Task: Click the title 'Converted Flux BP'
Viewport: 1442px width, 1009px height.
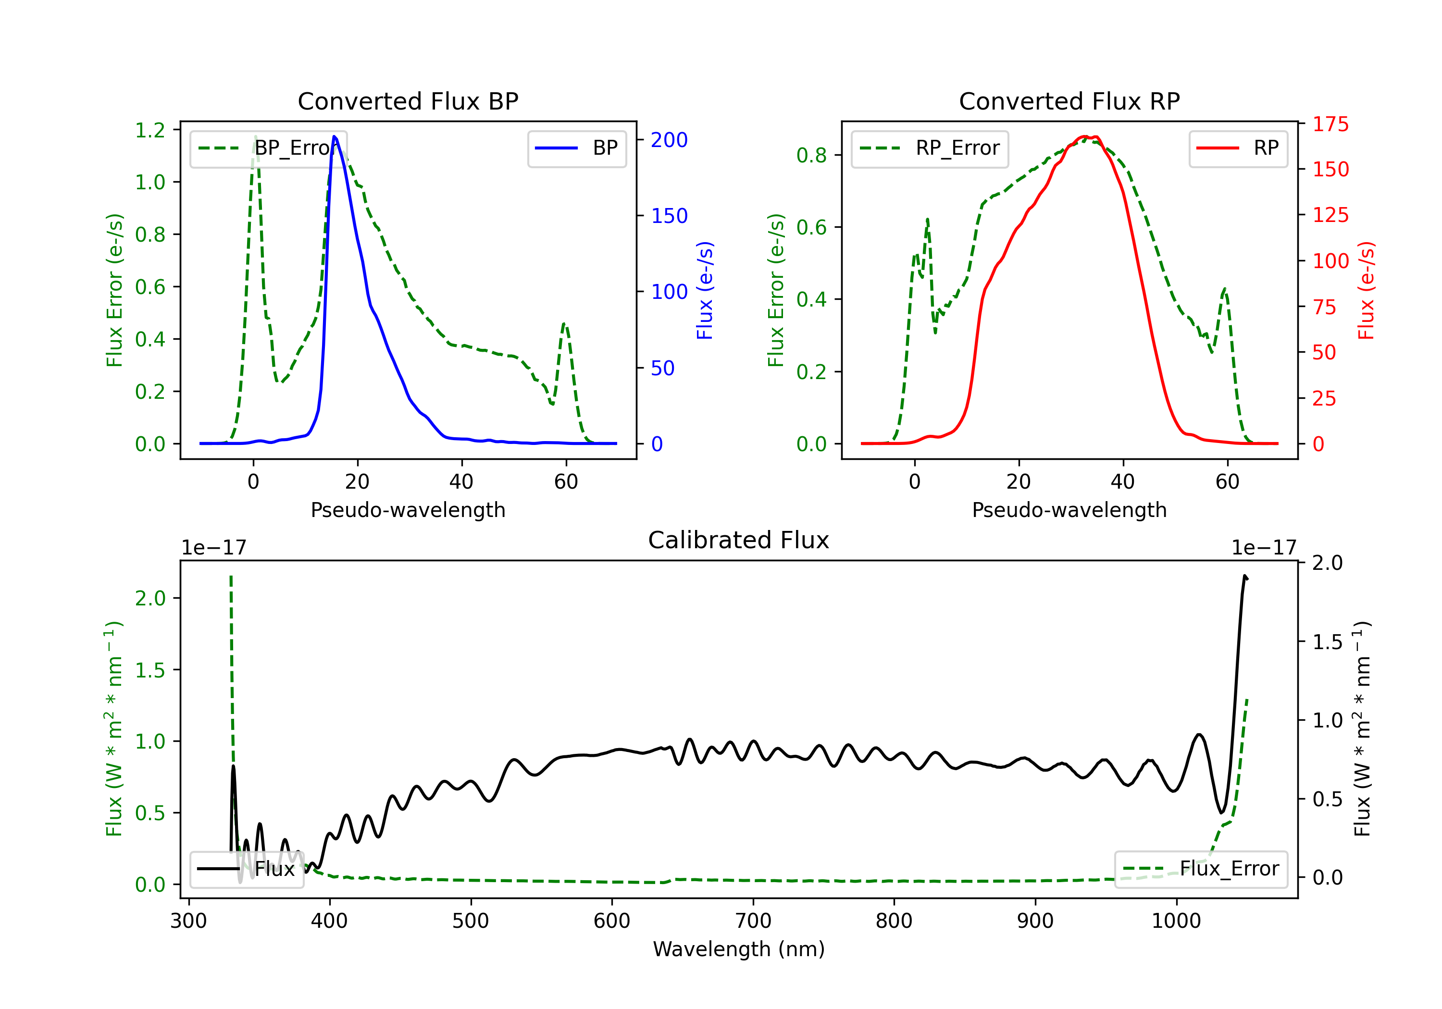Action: (408, 101)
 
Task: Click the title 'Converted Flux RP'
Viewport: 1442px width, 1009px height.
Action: (1069, 101)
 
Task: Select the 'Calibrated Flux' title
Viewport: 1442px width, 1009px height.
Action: (739, 540)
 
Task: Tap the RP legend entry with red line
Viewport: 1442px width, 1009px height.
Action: (1238, 148)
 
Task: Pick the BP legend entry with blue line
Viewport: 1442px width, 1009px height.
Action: (576, 148)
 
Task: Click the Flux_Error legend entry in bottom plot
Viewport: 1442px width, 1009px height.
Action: (1201, 869)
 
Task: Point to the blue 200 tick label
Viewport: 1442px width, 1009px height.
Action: (669, 140)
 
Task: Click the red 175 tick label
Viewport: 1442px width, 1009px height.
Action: (1330, 124)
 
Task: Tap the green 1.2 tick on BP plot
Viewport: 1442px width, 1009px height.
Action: (150, 131)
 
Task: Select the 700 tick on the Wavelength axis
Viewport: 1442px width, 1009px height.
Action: (753, 921)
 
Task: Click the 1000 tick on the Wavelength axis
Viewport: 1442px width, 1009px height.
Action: (1176, 921)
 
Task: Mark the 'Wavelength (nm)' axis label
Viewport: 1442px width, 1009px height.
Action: (739, 949)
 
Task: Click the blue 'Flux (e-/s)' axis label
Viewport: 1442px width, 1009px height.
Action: (705, 290)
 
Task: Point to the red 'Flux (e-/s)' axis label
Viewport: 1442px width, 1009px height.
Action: (1366, 290)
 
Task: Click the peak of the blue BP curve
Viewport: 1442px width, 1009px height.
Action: (334, 136)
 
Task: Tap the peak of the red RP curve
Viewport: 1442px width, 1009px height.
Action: (1085, 136)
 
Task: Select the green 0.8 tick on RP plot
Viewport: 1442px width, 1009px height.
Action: (811, 155)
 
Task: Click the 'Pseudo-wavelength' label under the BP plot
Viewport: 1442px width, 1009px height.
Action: (408, 510)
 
